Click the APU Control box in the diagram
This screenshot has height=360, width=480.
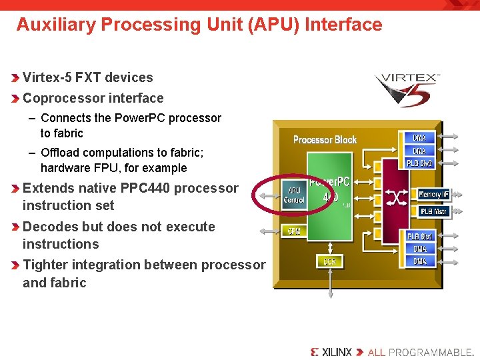click(294, 195)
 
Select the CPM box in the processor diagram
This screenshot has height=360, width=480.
click(294, 231)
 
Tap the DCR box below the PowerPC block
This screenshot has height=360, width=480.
click(330, 261)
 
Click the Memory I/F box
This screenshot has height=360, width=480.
click(434, 194)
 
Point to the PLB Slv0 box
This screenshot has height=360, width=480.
click(420, 163)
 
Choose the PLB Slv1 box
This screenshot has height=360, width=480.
click(420, 237)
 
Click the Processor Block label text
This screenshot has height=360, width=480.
click(325, 139)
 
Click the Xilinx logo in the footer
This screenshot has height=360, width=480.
click(331, 351)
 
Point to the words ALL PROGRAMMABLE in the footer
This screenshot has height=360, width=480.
click(420, 351)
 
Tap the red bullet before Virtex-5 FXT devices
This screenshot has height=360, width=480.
click(16, 77)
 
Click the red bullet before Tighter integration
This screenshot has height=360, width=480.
click(16, 265)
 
